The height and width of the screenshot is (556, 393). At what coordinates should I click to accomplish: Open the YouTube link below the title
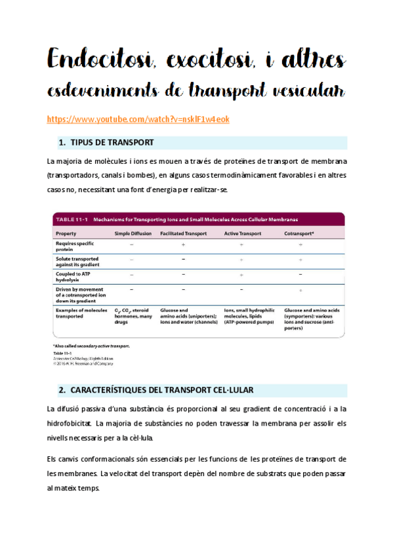click(x=138, y=119)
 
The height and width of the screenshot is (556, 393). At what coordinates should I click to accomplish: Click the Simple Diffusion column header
click(x=133, y=233)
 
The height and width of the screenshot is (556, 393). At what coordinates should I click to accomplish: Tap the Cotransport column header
click(x=299, y=233)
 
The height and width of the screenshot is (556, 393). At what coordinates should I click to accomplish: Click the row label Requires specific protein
click(x=74, y=245)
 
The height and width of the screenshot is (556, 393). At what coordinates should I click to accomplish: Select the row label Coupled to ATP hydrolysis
click(x=72, y=277)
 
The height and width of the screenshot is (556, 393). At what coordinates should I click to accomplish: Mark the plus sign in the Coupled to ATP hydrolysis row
click(x=241, y=275)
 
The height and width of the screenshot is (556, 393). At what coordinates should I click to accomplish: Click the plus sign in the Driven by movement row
click(x=300, y=290)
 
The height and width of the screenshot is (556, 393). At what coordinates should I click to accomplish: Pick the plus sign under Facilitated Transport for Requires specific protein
click(x=183, y=244)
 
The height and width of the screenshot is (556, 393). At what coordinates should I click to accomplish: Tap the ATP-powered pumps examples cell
click(x=248, y=316)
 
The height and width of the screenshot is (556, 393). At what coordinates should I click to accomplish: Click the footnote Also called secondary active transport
click(x=91, y=346)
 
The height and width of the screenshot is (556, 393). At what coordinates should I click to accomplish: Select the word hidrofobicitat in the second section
click(x=75, y=423)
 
